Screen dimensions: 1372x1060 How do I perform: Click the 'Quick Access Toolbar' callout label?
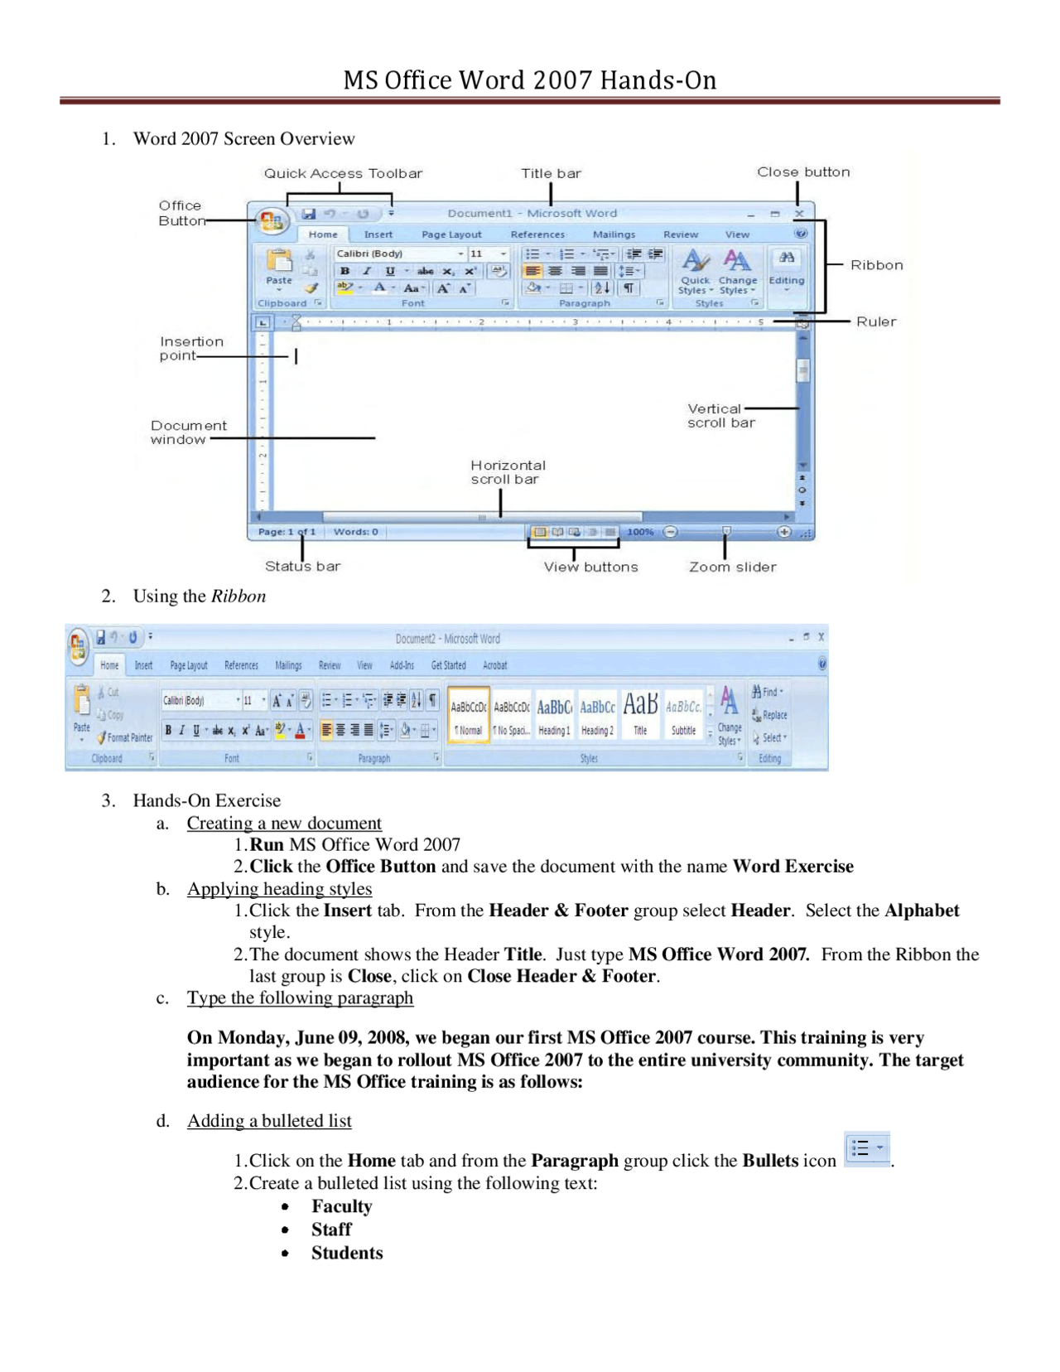[x=343, y=173]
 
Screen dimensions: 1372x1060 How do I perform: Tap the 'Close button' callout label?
[x=802, y=171]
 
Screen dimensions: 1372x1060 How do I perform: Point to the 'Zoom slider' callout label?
[x=732, y=567]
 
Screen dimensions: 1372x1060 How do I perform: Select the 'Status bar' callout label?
[x=302, y=566]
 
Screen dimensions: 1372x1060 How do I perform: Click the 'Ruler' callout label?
[x=875, y=321]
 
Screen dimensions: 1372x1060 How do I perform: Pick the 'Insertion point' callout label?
[x=190, y=348]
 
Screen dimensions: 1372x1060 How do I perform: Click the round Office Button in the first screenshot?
[x=272, y=220]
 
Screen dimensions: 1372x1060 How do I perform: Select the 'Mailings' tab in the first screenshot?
[x=614, y=234]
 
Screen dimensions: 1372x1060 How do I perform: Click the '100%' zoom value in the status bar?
[x=640, y=532]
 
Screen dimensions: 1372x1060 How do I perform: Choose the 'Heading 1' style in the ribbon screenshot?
[x=554, y=715]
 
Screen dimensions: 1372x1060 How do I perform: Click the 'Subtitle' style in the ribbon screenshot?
[x=683, y=715]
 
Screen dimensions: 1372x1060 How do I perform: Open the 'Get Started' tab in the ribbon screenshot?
[x=448, y=665]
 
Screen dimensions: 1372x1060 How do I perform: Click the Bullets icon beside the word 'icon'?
[x=866, y=1149]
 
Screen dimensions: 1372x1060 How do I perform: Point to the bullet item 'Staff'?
[x=331, y=1229]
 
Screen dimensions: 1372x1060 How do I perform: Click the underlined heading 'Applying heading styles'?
[x=279, y=888]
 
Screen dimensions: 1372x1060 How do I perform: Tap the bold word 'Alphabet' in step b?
[x=921, y=911]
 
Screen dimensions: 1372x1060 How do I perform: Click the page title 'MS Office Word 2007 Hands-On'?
[x=530, y=80]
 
